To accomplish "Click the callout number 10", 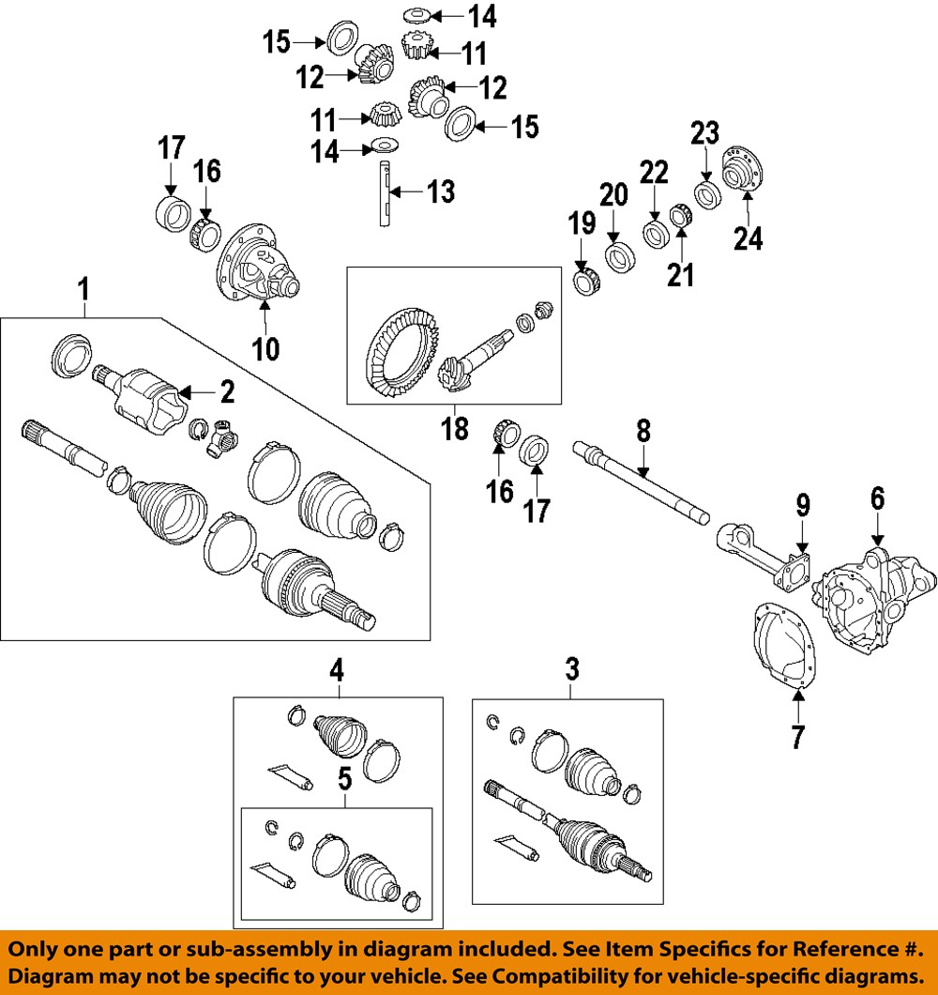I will [x=265, y=348].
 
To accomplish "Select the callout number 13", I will [x=440, y=192].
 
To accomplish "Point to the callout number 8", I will [x=643, y=432].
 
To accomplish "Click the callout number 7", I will [x=797, y=737].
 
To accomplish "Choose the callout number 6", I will [x=877, y=498].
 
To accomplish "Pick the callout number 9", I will [x=803, y=507].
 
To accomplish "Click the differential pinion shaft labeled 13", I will [x=385, y=192].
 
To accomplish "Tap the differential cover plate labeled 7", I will [x=783, y=648].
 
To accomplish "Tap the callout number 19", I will [x=582, y=224].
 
